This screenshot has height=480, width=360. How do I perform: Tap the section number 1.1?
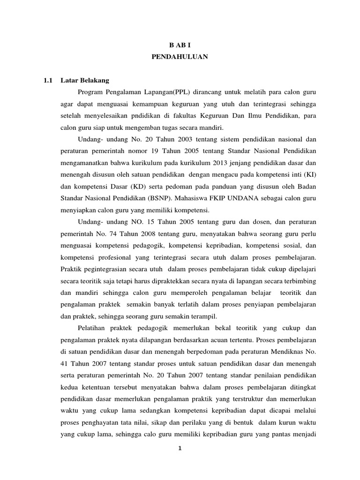tap(47, 80)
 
